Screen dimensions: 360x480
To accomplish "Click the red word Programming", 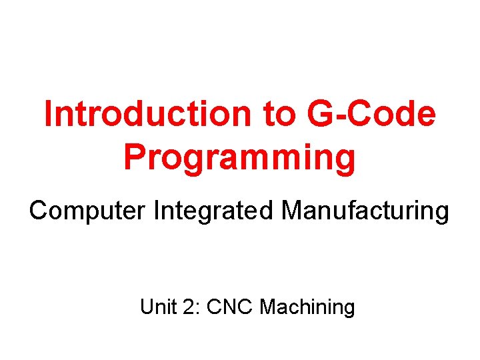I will click(239, 158).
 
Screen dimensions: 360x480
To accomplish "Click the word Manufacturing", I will click(365, 211).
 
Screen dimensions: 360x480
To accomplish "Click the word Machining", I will click(307, 309).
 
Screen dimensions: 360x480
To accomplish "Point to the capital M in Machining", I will click(268, 307).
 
